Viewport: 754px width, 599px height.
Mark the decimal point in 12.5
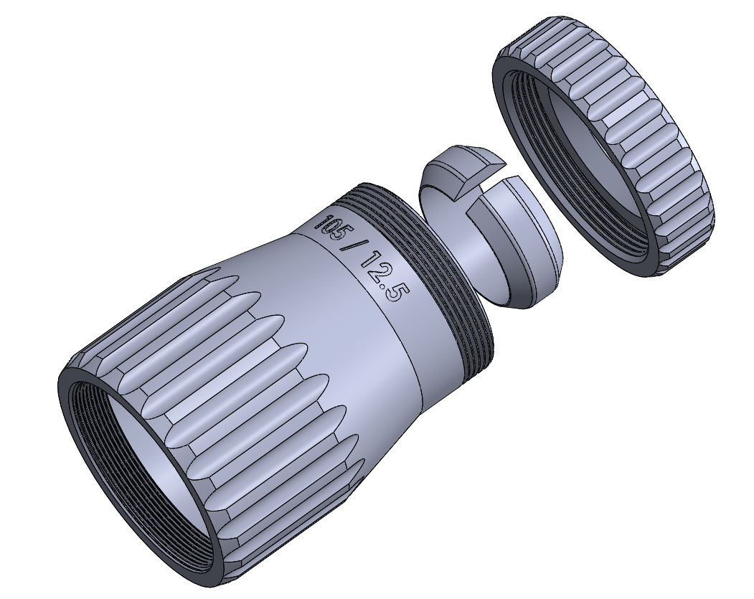(386, 286)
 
